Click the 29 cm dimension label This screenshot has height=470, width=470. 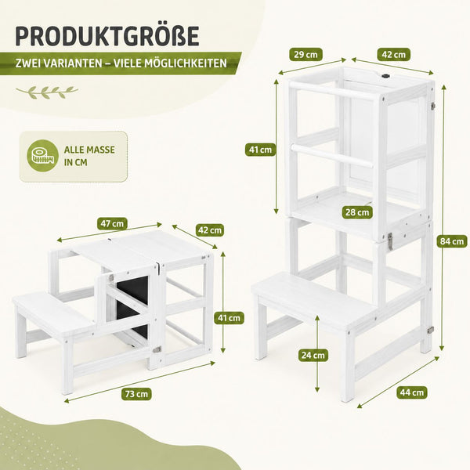click(305, 55)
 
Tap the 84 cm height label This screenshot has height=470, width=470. click(452, 241)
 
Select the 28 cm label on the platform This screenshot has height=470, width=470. click(357, 212)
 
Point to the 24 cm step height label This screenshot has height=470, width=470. click(313, 355)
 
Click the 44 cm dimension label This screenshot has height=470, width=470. click(412, 392)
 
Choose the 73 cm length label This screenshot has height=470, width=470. click(136, 393)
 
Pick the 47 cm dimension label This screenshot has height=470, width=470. click(112, 223)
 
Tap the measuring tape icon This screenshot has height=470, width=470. click(42, 156)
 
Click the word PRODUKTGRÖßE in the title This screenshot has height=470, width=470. click(107, 36)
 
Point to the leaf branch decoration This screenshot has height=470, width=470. click(47, 92)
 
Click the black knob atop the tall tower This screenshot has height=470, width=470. click(385, 76)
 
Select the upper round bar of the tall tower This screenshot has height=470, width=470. click(333, 89)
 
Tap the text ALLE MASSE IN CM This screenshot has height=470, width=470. click(89, 156)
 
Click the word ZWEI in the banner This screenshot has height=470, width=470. click(27, 63)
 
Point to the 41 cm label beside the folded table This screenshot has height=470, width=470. click(229, 318)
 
